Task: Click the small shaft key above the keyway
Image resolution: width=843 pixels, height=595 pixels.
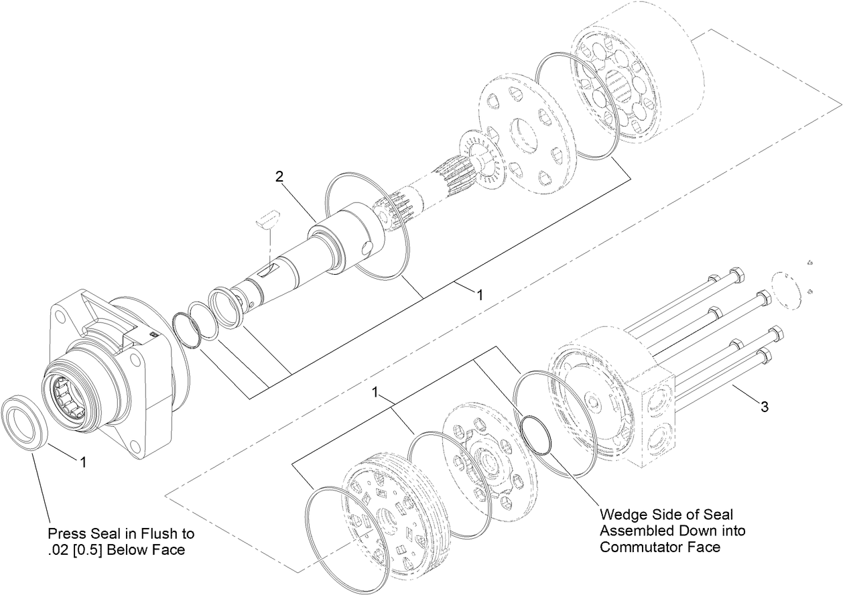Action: point(267,219)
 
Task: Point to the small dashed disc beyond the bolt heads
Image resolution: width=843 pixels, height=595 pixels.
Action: point(786,290)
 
